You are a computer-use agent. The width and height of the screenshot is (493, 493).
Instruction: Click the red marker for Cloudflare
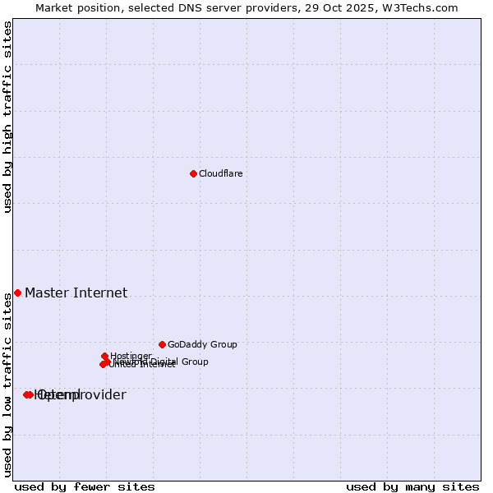pyautogui.click(x=193, y=173)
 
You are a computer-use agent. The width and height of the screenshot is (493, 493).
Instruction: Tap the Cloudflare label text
pyautogui.click(x=220, y=174)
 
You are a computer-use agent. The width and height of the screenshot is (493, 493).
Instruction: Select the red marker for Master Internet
pyautogui.click(x=17, y=293)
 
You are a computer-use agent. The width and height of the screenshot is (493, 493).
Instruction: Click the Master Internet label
pyautogui.click(x=76, y=293)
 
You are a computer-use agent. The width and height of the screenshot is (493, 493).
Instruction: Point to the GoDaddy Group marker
pyautogui.click(x=162, y=344)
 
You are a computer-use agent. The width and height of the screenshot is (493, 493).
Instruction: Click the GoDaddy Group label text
pyautogui.click(x=202, y=345)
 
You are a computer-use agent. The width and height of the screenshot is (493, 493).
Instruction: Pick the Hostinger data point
pyautogui.click(x=105, y=356)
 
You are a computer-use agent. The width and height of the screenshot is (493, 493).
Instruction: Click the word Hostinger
pyautogui.click(x=131, y=357)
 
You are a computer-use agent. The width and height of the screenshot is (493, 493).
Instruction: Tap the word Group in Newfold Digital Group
pyautogui.click(x=194, y=362)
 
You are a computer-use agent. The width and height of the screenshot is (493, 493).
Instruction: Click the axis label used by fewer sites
pyautogui.click(x=85, y=486)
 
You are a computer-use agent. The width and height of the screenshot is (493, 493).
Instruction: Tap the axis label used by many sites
pyautogui.click(x=412, y=486)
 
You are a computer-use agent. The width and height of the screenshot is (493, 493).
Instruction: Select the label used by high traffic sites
pyautogui.click(x=8, y=117)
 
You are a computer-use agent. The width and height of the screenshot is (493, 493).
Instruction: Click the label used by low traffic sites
pyautogui.click(x=8, y=385)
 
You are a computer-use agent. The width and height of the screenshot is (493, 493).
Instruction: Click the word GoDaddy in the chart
pyautogui.click(x=187, y=345)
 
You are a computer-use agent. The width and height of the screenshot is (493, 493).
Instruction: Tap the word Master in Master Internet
pyautogui.click(x=43, y=293)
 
